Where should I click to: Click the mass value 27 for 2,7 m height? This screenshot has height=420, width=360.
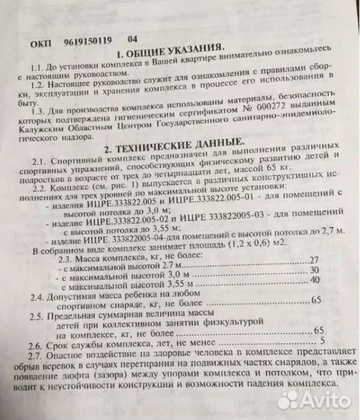pos(315,257)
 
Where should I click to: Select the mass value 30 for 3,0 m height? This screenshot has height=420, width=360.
pos(316,270)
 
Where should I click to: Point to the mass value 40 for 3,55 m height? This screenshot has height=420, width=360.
pos(316,282)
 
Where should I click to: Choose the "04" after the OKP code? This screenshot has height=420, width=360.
pos(133,38)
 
